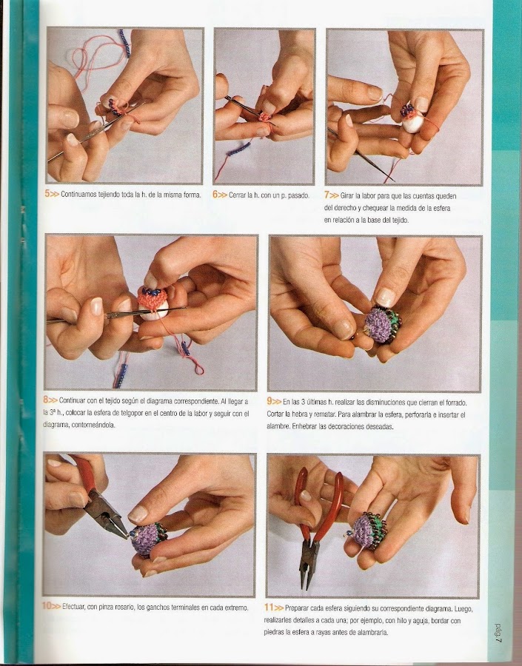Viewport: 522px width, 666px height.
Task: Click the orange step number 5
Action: click(47, 194)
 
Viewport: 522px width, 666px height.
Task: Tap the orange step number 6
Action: click(215, 195)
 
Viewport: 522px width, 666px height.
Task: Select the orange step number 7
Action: click(327, 195)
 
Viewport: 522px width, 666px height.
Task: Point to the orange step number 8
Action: click(45, 400)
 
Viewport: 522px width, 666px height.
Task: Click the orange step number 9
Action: click(270, 401)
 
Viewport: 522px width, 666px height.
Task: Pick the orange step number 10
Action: click(47, 605)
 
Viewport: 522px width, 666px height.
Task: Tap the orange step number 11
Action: click(269, 608)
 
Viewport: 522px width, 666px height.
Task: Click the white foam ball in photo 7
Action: click(412, 123)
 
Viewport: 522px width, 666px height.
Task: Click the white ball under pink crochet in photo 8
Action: click(153, 309)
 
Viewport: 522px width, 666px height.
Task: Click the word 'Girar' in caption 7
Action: click(347, 196)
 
